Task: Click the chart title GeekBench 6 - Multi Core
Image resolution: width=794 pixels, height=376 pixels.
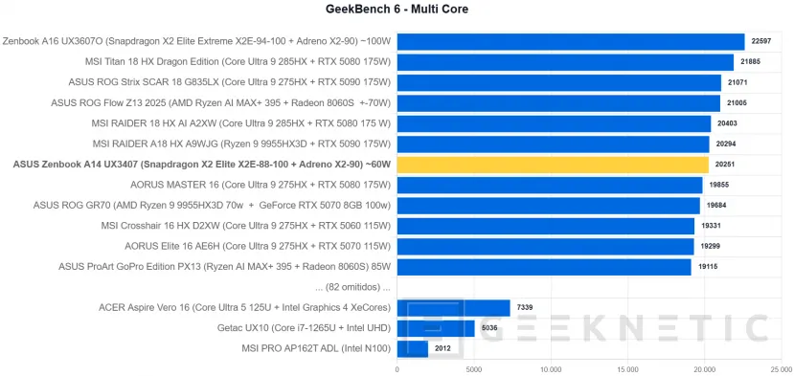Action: [x=397, y=10]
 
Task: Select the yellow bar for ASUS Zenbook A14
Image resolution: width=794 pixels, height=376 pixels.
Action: [x=553, y=165]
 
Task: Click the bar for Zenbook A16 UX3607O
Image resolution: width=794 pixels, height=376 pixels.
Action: [x=570, y=41]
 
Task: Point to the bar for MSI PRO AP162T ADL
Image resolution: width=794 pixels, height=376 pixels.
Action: [x=412, y=348]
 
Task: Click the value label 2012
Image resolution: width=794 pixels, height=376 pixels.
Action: [x=443, y=348]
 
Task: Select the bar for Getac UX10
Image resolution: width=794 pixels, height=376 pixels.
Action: [x=435, y=328]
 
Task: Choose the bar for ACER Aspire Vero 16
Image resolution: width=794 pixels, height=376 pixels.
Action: [x=453, y=307]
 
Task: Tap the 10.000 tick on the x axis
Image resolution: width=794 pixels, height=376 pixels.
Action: [x=551, y=367]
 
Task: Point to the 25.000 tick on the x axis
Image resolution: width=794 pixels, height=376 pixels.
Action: [x=781, y=367]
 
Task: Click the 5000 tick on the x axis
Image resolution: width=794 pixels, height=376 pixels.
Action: [x=474, y=367]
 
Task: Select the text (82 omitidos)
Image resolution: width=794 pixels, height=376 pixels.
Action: [x=352, y=287]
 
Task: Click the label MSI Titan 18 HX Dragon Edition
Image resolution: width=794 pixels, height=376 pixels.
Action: [x=238, y=62]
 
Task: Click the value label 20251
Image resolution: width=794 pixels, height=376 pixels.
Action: [x=724, y=165]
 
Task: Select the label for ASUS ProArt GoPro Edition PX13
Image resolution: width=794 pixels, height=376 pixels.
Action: [x=225, y=267]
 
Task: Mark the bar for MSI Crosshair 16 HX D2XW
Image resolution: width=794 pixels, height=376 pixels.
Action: [x=545, y=226]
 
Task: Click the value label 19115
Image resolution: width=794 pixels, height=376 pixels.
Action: [x=707, y=267]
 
